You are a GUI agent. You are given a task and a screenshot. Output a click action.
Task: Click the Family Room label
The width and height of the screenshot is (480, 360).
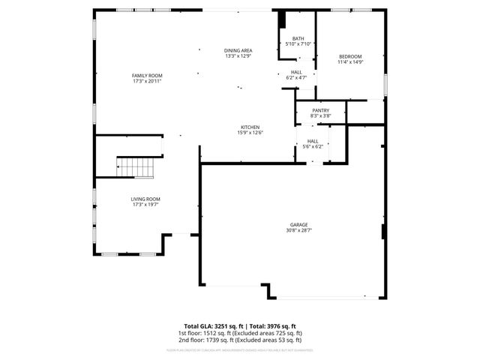147,76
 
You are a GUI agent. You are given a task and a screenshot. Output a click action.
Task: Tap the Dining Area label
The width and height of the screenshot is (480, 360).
238,50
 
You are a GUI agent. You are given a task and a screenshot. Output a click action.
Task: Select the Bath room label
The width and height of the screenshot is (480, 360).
298,39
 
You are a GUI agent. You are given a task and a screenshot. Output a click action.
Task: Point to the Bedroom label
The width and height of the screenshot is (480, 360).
350,57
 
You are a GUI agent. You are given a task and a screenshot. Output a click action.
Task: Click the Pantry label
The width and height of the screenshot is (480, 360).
320,110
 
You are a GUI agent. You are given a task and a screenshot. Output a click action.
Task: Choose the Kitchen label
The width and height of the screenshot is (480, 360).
250,127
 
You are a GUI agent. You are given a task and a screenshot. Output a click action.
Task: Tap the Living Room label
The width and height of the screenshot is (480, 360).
147,199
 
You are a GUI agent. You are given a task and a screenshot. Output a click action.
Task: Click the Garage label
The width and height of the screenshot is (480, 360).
300,224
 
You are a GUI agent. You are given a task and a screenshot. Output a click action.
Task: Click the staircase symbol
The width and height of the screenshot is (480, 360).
135,167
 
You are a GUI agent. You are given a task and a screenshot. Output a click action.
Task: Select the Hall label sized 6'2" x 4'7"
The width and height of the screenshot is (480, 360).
297,72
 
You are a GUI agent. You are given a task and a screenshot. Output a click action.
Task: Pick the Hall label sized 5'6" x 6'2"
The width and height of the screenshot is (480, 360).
313,141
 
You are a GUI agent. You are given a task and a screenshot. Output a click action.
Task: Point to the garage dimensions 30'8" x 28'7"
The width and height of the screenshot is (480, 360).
300,230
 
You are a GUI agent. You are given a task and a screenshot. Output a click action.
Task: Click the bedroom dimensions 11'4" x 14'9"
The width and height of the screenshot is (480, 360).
350,63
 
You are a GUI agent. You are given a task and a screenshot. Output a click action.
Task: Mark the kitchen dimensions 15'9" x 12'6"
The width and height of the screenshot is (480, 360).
250,133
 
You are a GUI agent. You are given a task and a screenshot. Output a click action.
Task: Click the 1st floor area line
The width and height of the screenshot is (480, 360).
239,333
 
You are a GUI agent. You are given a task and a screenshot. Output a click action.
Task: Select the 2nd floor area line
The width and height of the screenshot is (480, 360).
239,340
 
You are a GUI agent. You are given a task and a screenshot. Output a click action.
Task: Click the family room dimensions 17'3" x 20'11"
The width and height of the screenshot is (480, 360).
147,82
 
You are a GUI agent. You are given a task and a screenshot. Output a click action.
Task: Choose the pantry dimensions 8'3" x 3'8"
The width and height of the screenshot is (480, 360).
320,116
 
